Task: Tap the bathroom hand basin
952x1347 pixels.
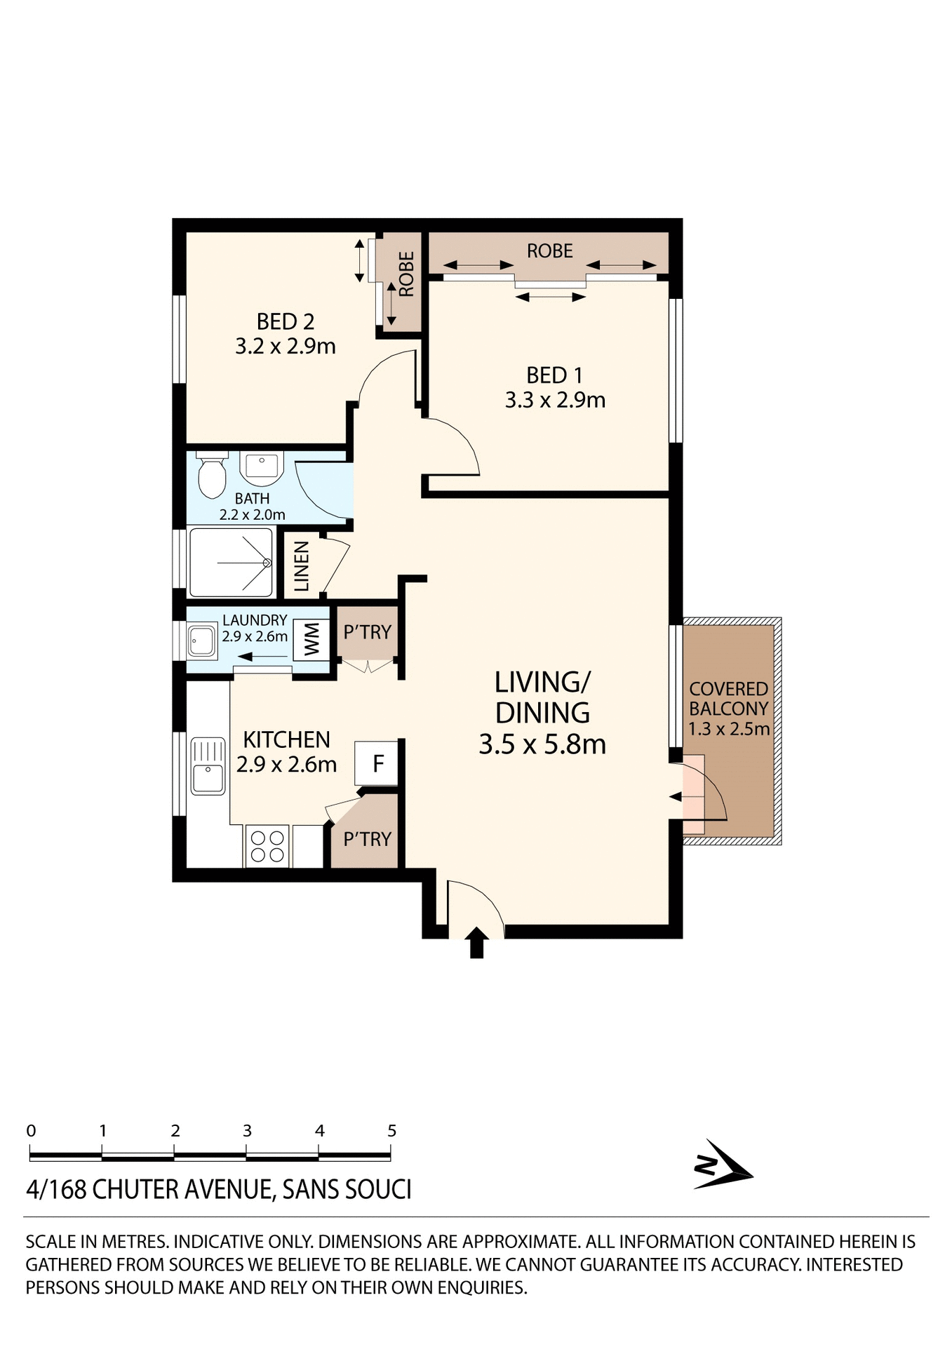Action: pos(261,465)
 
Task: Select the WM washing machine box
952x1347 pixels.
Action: pos(311,639)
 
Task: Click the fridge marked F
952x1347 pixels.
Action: pos(377,763)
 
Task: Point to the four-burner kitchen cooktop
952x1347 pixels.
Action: pos(267,845)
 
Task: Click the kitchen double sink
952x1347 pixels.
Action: pos(208,765)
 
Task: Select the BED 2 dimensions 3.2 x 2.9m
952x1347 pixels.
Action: pos(286,347)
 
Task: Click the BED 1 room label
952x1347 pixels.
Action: pos(554,375)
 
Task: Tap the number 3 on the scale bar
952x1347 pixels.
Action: pos(247,1131)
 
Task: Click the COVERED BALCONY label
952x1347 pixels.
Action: pos(728,699)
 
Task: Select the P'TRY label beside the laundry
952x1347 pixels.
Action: pos(367,632)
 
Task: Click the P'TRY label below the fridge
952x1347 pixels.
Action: pos(367,839)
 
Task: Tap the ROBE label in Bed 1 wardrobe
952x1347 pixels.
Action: pos(550,251)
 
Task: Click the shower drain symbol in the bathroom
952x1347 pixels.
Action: pos(267,563)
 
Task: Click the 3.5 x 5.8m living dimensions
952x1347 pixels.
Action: pos(542,744)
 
